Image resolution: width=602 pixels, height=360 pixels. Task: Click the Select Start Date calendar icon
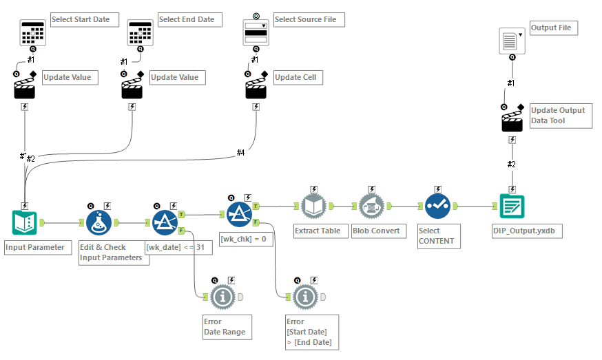32,32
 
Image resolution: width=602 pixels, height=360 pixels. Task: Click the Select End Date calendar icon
141,32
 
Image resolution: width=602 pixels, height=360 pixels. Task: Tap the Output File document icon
512,41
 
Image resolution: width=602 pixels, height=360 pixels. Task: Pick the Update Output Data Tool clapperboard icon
512,122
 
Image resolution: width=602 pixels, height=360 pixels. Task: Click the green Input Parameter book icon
25,222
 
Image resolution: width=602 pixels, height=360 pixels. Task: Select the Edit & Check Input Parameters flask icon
99,222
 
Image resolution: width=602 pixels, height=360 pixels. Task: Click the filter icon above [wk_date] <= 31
164,222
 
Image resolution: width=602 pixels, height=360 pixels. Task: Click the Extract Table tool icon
313,206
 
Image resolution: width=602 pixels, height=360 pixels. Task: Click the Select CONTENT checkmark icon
437,206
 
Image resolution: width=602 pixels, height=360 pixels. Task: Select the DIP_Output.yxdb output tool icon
512,206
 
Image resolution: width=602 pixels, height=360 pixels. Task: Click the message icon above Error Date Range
222,297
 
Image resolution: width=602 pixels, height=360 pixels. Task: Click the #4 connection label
241,153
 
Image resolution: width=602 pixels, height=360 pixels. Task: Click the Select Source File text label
306,19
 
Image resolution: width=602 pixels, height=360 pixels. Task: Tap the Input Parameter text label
35,247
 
